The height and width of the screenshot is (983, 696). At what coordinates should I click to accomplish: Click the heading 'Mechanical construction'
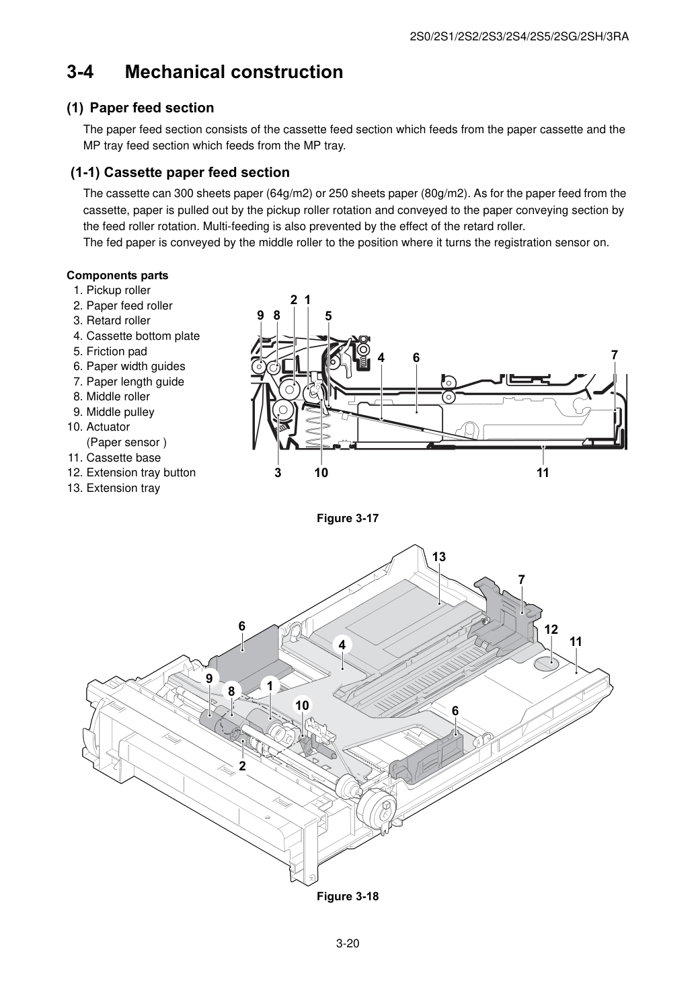tap(234, 72)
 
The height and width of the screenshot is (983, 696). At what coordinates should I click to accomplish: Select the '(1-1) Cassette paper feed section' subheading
tap(180, 172)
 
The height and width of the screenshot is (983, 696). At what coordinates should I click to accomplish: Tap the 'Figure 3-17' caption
tap(348, 518)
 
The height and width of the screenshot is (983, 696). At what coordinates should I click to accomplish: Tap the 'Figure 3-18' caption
tap(348, 896)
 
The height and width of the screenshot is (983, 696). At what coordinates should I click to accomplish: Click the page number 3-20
tap(348, 943)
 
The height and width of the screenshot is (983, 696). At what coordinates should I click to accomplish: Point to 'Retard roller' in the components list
tap(118, 320)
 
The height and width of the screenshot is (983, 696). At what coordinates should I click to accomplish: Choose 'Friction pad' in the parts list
tap(116, 351)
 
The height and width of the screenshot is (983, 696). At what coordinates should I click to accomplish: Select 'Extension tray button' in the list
tap(141, 472)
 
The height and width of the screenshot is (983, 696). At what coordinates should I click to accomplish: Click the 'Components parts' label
tap(118, 275)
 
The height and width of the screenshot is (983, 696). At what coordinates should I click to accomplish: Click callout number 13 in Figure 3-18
tap(439, 557)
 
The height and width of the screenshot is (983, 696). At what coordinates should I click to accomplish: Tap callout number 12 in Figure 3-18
tap(551, 629)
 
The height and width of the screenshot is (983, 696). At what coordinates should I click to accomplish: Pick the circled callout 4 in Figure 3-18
tap(342, 645)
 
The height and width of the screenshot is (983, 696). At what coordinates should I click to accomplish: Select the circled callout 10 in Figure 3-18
tap(302, 705)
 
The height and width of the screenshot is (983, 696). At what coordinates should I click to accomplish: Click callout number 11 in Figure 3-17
tap(543, 472)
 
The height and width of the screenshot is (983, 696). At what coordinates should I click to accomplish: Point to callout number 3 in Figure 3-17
tap(278, 472)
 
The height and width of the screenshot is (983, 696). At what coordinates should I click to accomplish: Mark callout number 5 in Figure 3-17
tap(328, 316)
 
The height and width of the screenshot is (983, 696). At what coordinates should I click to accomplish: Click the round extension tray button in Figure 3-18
tap(546, 664)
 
